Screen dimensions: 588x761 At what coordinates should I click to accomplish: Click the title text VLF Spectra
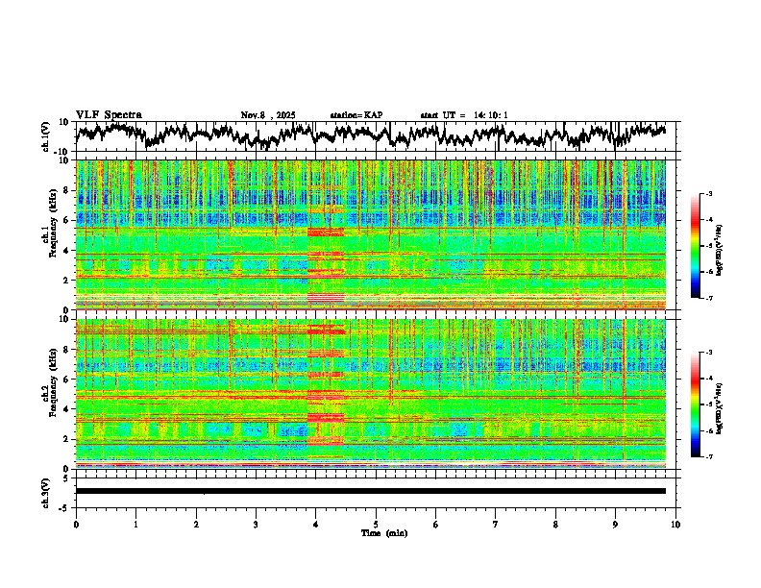point(109,114)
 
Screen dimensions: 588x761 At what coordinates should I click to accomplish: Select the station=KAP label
point(356,115)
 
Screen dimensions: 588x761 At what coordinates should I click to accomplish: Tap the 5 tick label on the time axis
point(376,524)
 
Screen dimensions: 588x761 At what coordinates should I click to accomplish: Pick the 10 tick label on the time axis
point(675,524)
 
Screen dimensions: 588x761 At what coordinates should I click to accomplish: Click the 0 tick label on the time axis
point(76,524)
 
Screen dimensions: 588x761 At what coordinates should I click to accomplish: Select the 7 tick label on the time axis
point(496,524)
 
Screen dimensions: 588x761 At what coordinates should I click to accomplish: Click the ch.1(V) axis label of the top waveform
point(46,136)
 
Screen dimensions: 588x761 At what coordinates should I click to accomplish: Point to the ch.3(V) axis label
point(46,490)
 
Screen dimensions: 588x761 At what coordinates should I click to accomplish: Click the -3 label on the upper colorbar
point(708,195)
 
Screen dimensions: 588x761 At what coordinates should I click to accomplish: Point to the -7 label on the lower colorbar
point(708,457)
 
